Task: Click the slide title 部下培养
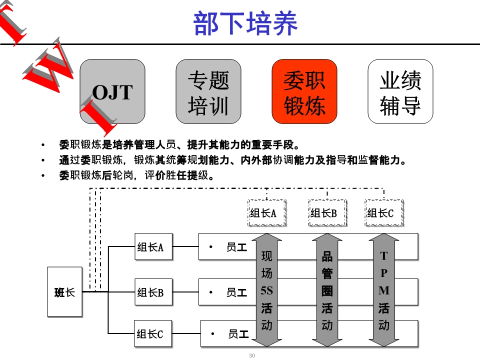245,23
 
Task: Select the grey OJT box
112,91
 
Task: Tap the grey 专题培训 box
208,91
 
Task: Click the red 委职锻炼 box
304,91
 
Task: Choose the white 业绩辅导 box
400,91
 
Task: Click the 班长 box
64,291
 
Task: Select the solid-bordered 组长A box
153,246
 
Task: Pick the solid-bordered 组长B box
153,291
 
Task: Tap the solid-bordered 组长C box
153,333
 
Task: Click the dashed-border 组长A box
266,213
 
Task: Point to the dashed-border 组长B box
327,213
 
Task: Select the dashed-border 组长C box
384,213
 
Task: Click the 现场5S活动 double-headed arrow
266,290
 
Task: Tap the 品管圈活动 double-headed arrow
327,290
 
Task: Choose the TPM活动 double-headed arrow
384,290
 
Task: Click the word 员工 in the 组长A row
236,247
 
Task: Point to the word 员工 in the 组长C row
238,334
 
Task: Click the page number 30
252,355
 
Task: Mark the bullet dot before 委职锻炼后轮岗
43,175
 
